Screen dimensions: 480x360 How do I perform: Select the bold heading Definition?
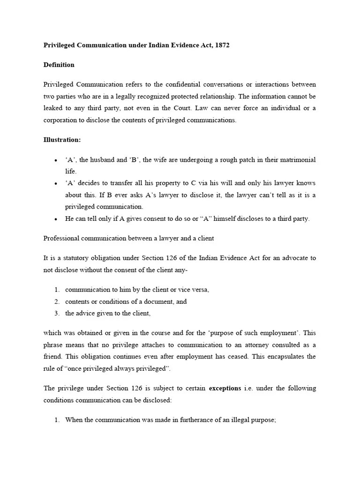pyautogui.click(x=59, y=65)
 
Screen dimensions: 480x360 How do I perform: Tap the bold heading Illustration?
pyautogui.click(x=62, y=139)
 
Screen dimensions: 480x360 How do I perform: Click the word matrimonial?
pyautogui.click(x=298, y=160)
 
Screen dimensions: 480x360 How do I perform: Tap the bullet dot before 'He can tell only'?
pyautogui.click(x=56, y=219)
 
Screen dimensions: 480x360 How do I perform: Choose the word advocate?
pyautogui.click(x=293, y=258)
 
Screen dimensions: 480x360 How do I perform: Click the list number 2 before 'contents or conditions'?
pyautogui.click(x=56, y=301)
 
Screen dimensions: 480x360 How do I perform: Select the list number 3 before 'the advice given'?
pyautogui.click(x=56, y=313)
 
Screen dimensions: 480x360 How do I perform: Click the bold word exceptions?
pyautogui.click(x=225, y=388)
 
